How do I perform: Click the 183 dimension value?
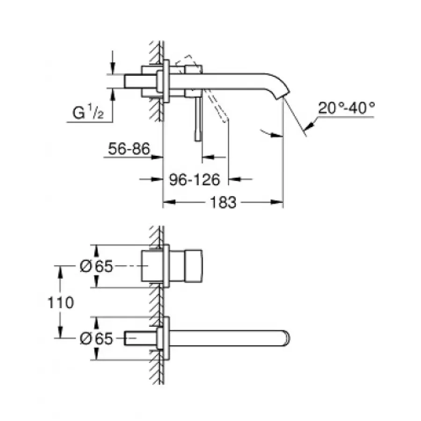pyautogui.click(x=223, y=203)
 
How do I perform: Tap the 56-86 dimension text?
pyautogui.click(x=129, y=149)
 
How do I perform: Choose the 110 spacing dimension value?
pyautogui.click(x=60, y=303)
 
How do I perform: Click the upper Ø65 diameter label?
pyautogui.click(x=96, y=267)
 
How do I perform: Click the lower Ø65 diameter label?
pyautogui.click(x=96, y=338)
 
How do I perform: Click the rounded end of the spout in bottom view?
pyautogui.click(x=286, y=338)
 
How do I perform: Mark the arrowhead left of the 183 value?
pyautogui.click(x=167, y=203)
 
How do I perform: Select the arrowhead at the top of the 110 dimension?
pyautogui.click(x=60, y=271)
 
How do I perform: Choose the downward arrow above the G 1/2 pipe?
pyautogui.click(x=112, y=69)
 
